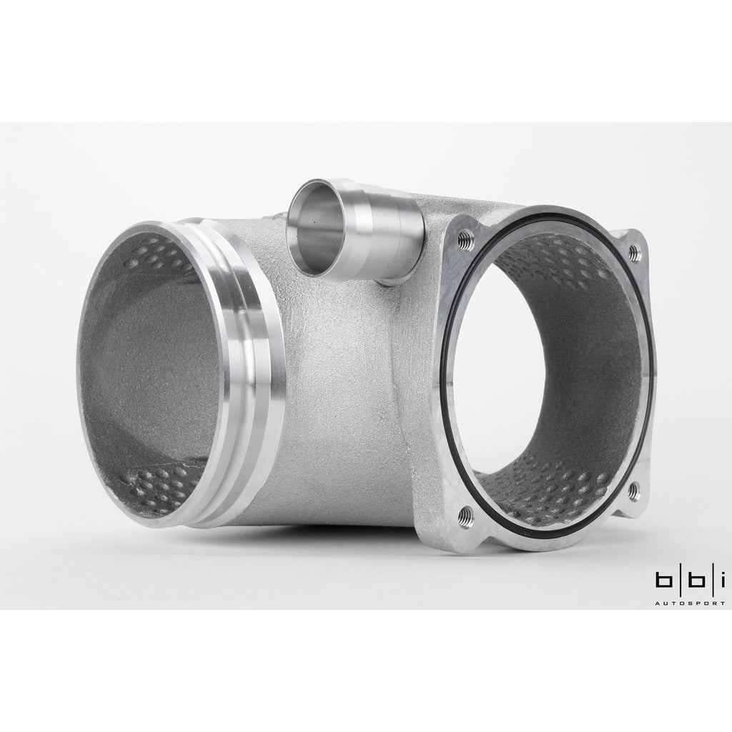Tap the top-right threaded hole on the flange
coord(633,252)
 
